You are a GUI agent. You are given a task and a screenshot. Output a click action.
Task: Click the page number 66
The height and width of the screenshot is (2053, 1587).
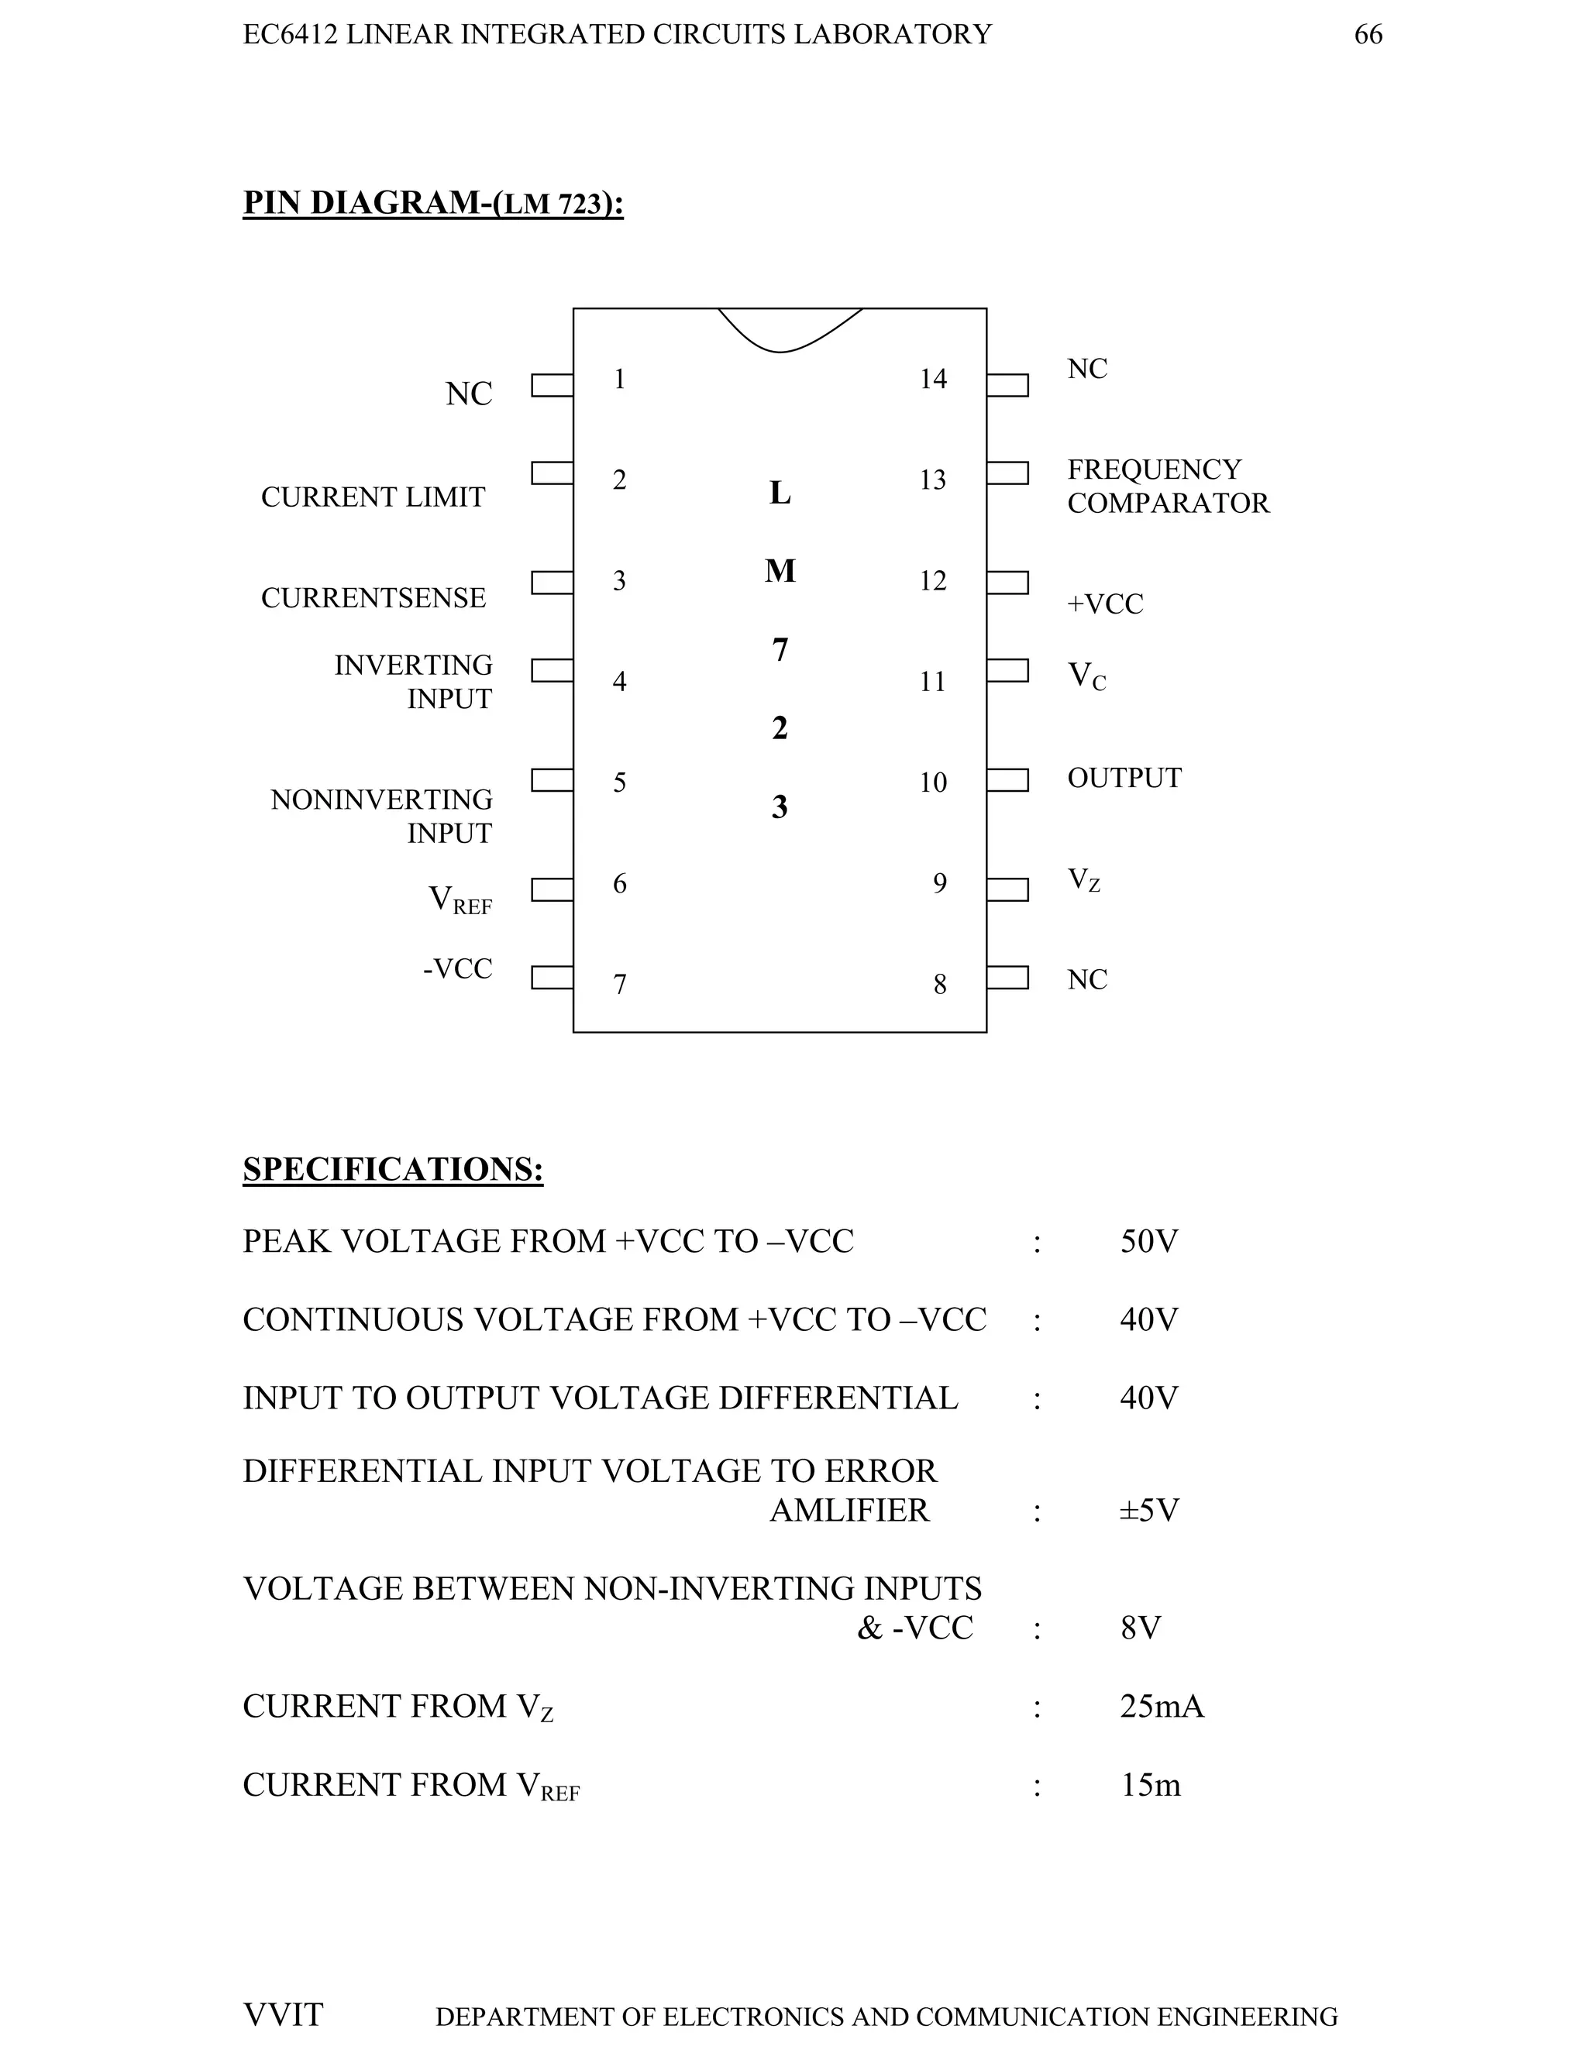coord(1368,35)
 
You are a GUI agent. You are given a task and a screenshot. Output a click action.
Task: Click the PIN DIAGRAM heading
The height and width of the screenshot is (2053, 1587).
coord(432,203)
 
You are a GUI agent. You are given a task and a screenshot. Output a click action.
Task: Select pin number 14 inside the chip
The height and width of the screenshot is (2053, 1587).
coord(933,379)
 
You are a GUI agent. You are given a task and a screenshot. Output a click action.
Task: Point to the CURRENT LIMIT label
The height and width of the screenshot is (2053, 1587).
coord(374,497)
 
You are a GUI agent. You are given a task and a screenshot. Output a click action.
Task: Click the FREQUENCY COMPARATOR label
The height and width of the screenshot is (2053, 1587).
coord(1168,486)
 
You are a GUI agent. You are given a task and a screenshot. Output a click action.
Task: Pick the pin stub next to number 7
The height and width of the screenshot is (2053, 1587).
coord(552,978)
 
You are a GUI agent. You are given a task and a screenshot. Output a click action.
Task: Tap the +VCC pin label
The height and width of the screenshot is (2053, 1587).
coord(1105,604)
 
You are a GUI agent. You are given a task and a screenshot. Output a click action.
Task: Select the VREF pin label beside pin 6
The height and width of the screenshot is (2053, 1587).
coord(460,899)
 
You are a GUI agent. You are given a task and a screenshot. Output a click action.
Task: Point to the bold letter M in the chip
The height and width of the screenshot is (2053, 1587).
coord(780,571)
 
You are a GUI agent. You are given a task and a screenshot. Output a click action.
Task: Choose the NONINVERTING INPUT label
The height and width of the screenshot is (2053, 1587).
coord(382,816)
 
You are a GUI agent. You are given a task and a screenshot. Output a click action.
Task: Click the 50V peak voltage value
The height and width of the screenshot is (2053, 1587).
coord(1149,1242)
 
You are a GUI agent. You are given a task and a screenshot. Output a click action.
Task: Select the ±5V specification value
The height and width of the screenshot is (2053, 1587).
coord(1149,1511)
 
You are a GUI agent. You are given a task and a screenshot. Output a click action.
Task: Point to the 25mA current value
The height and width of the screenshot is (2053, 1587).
coord(1162,1706)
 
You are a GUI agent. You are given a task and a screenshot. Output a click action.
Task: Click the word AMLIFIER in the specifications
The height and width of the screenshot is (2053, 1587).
coord(849,1511)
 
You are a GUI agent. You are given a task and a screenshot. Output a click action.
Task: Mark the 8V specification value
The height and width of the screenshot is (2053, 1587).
coord(1141,1627)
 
